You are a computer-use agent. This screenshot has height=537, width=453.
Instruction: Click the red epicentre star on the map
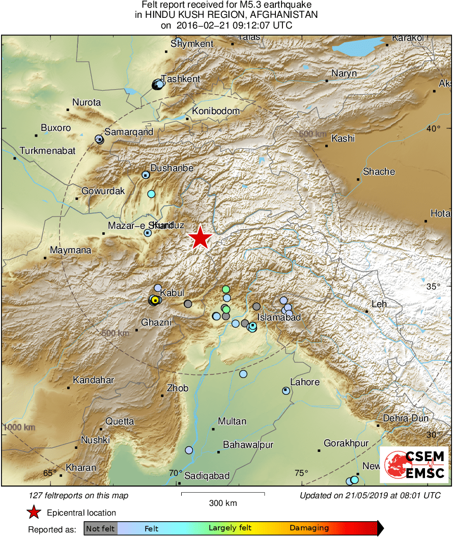[x=201, y=237]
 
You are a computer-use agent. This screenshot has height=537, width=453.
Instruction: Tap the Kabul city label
[x=172, y=293]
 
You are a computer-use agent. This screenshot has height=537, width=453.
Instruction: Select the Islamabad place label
[x=279, y=317]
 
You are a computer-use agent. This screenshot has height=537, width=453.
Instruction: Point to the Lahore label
[x=305, y=382]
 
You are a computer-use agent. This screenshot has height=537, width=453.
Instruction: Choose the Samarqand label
[x=129, y=132]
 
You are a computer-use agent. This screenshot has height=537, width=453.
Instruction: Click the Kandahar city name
[x=94, y=380]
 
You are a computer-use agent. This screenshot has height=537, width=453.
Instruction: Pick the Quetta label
[x=120, y=421]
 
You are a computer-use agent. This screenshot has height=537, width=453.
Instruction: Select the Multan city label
[x=232, y=421]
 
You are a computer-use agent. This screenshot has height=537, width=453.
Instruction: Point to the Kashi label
[x=343, y=139]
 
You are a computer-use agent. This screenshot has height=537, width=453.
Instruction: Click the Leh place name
[x=379, y=304]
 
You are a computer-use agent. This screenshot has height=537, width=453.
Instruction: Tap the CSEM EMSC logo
[x=414, y=465]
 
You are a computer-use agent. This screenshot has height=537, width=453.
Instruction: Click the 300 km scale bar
[x=222, y=493]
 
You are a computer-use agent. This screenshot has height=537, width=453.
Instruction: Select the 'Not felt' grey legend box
[x=100, y=528]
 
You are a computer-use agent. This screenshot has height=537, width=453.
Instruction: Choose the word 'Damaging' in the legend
[x=309, y=528]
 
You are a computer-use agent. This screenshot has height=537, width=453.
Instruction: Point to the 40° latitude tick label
[x=434, y=128]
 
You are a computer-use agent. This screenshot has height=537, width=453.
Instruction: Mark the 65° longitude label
[x=50, y=473]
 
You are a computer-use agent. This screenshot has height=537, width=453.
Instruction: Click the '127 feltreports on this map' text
[x=79, y=495]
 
